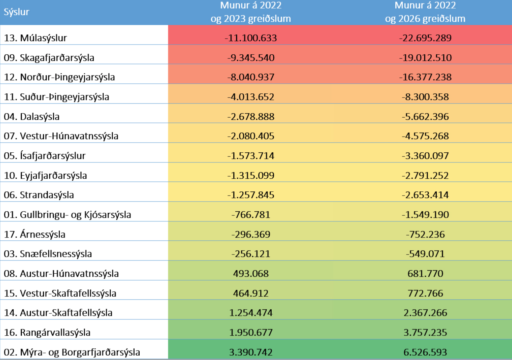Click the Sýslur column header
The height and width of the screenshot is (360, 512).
pyautogui.click(x=17, y=12)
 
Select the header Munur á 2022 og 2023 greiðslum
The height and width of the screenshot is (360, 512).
pyautogui.click(x=251, y=12)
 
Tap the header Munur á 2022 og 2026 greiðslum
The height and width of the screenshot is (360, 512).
pyautogui.click(x=425, y=12)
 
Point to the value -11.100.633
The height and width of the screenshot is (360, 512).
pyautogui.click(x=251, y=38)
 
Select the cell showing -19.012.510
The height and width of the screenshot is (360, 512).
pyautogui.click(x=425, y=57)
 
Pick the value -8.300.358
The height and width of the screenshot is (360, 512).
pyautogui.click(x=425, y=96)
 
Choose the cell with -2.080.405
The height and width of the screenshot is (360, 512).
pyautogui.click(x=251, y=136)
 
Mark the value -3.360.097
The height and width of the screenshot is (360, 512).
pyautogui.click(x=425, y=155)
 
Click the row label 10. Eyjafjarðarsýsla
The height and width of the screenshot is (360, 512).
pyautogui.click(x=45, y=175)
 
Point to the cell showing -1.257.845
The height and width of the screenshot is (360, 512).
pyautogui.click(x=251, y=195)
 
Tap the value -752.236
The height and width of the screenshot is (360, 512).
pyautogui.click(x=425, y=234)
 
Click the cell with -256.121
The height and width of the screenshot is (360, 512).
pyautogui.click(x=251, y=254)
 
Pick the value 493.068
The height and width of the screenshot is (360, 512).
pyautogui.click(x=251, y=273)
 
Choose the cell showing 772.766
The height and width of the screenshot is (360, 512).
pyautogui.click(x=425, y=293)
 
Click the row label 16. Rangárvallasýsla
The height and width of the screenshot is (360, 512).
pyautogui.click(x=47, y=332)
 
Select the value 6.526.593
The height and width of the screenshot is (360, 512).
pyautogui.click(x=425, y=352)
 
